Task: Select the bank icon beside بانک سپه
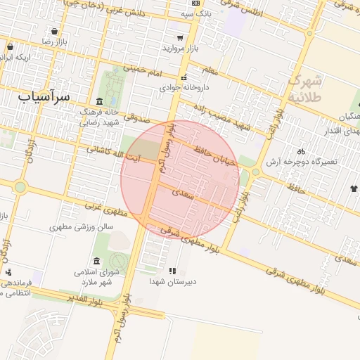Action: tap(184, 13)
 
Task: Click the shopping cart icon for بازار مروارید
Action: tap(180, 38)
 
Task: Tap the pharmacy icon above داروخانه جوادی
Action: tap(184, 78)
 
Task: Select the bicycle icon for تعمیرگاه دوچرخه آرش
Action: tap(301, 151)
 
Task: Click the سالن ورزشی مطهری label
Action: tap(81, 228)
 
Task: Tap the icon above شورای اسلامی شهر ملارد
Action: tap(96, 261)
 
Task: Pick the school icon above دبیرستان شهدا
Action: tap(172, 271)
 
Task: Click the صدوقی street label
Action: tap(141, 122)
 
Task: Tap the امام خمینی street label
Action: tap(143, 71)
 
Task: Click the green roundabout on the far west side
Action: tap(20, 187)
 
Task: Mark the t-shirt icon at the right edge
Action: tap(353, 188)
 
